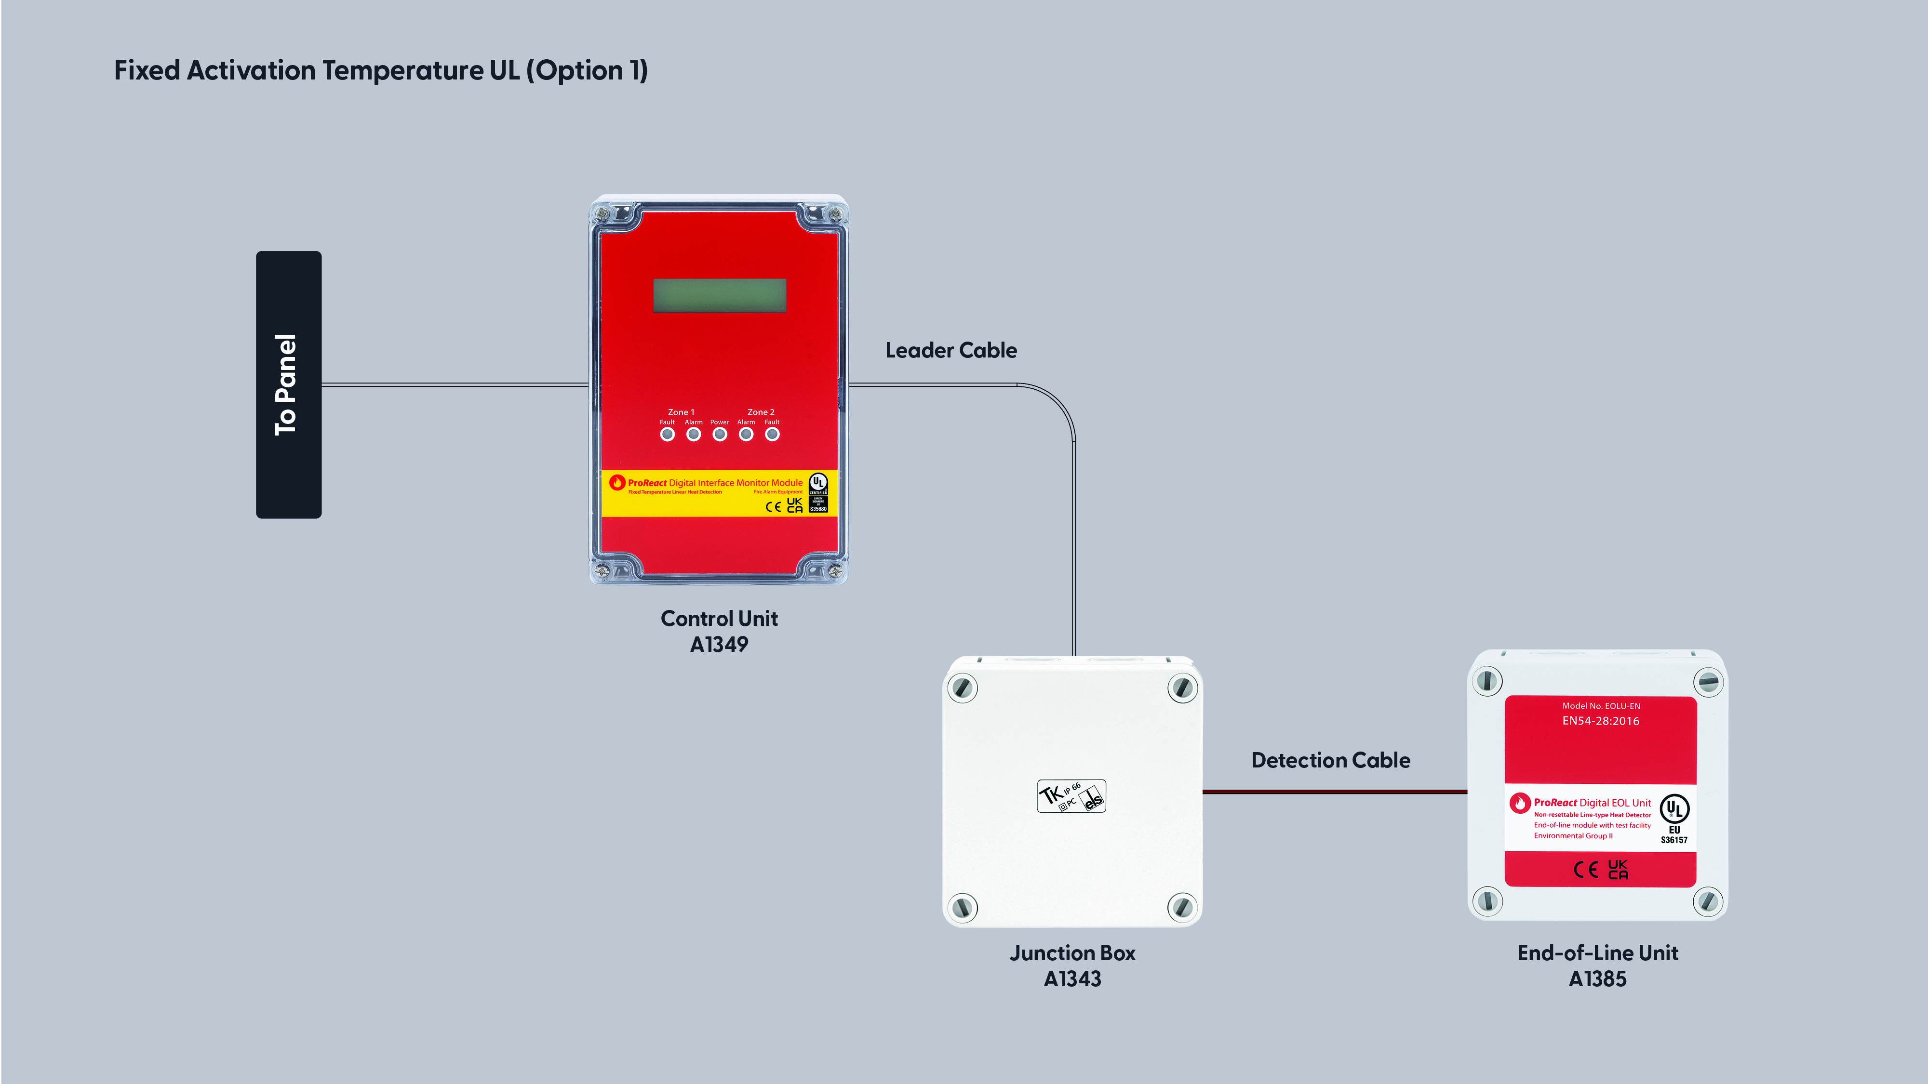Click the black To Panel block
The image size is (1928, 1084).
tap(288, 384)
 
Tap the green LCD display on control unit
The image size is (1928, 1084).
tap(719, 295)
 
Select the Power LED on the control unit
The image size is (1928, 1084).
tap(719, 434)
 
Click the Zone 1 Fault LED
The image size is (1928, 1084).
tap(667, 434)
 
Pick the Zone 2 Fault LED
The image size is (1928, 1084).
tap(772, 434)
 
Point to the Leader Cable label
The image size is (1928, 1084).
tap(951, 350)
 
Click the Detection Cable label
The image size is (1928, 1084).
tap(1330, 760)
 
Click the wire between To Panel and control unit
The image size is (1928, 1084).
tap(455, 384)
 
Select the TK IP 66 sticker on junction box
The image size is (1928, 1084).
tap(1071, 796)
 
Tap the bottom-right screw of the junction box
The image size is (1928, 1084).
tap(1182, 908)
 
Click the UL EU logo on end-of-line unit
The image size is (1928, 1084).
tap(1674, 817)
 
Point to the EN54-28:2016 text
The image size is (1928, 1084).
tap(1600, 721)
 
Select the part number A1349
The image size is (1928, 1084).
tap(719, 644)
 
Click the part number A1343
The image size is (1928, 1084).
tap(1072, 978)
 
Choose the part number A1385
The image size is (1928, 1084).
tap(1597, 978)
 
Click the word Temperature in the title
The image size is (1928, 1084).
tap(402, 70)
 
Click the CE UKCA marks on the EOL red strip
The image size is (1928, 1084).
tap(1600, 869)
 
